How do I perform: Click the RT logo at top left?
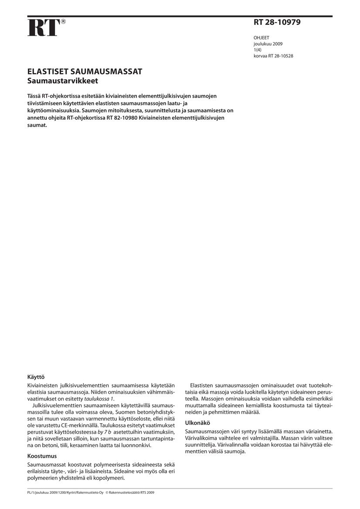(x=43, y=28)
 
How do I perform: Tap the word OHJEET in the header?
(x=262, y=38)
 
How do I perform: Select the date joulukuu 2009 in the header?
(x=268, y=44)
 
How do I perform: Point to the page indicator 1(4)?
(x=258, y=50)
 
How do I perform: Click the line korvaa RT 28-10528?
(x=273, y=56)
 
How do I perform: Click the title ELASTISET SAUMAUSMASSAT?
(x=85, y=72)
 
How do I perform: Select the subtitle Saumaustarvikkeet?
(x=63, y=81)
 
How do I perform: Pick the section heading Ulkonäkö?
(x=198, y=422)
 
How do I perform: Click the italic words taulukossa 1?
(x=99, y=398)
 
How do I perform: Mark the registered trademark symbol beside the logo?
(x=63, y=21)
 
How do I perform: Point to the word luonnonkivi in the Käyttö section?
(x=136, y=445)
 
